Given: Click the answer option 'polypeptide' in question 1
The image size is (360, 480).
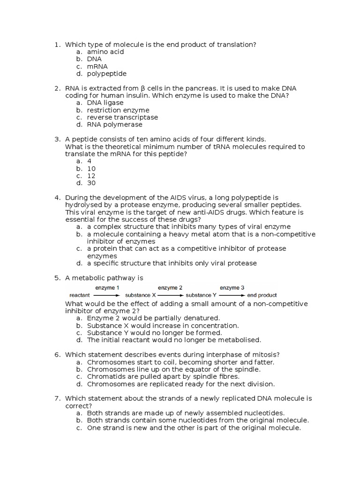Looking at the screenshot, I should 106,74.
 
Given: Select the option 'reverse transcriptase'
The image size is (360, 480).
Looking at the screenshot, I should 122,117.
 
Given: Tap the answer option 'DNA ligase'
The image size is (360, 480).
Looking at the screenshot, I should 105,103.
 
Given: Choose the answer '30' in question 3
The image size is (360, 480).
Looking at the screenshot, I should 91,183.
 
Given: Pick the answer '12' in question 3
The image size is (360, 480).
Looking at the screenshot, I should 91,176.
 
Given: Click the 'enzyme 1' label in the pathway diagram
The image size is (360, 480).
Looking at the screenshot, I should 107,287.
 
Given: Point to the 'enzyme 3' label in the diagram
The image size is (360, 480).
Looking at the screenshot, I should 232,287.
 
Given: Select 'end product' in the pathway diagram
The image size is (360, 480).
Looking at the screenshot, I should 262,295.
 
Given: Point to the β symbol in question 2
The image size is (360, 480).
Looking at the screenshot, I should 142,88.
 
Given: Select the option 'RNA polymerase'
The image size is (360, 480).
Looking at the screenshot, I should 114,125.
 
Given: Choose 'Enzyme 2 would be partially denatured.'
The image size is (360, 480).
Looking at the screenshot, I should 153,318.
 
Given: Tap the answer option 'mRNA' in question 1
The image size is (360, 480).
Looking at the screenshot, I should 97,67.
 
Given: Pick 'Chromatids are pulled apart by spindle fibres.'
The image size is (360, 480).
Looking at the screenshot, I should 163,376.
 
